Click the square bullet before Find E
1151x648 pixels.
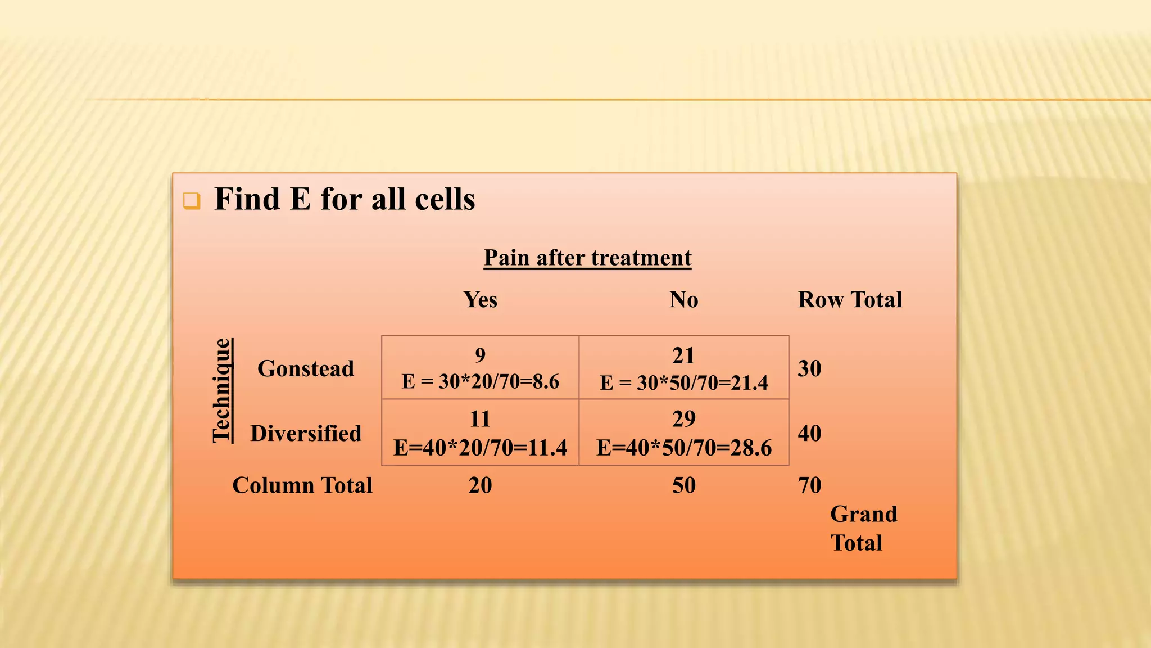click(192, 201)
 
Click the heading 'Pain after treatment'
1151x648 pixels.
click(587, 258)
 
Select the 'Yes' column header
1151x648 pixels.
click(480, 299)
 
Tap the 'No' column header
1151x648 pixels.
click(683, 299)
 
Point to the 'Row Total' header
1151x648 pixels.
click(850, 299)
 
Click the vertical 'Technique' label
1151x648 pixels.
click(222, 390)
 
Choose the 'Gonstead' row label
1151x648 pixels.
click(306, 368)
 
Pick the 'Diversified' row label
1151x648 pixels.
click(306, 433)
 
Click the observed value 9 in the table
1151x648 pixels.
click(480, 355)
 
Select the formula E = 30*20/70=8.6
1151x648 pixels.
click(480, 381)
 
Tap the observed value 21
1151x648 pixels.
click(683, 355)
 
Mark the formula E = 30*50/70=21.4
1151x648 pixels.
click(683, 382)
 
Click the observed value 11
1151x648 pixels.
click(480, 419)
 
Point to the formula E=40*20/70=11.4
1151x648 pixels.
click(480, 448)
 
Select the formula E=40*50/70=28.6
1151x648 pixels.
click(683, 448)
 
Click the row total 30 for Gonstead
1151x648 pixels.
click(809, 368)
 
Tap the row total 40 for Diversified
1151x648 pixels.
click(809, 433)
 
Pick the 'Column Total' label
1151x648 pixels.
click(302, 485)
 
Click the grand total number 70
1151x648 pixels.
click(809, 485)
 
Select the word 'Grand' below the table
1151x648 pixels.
click(863, 514)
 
